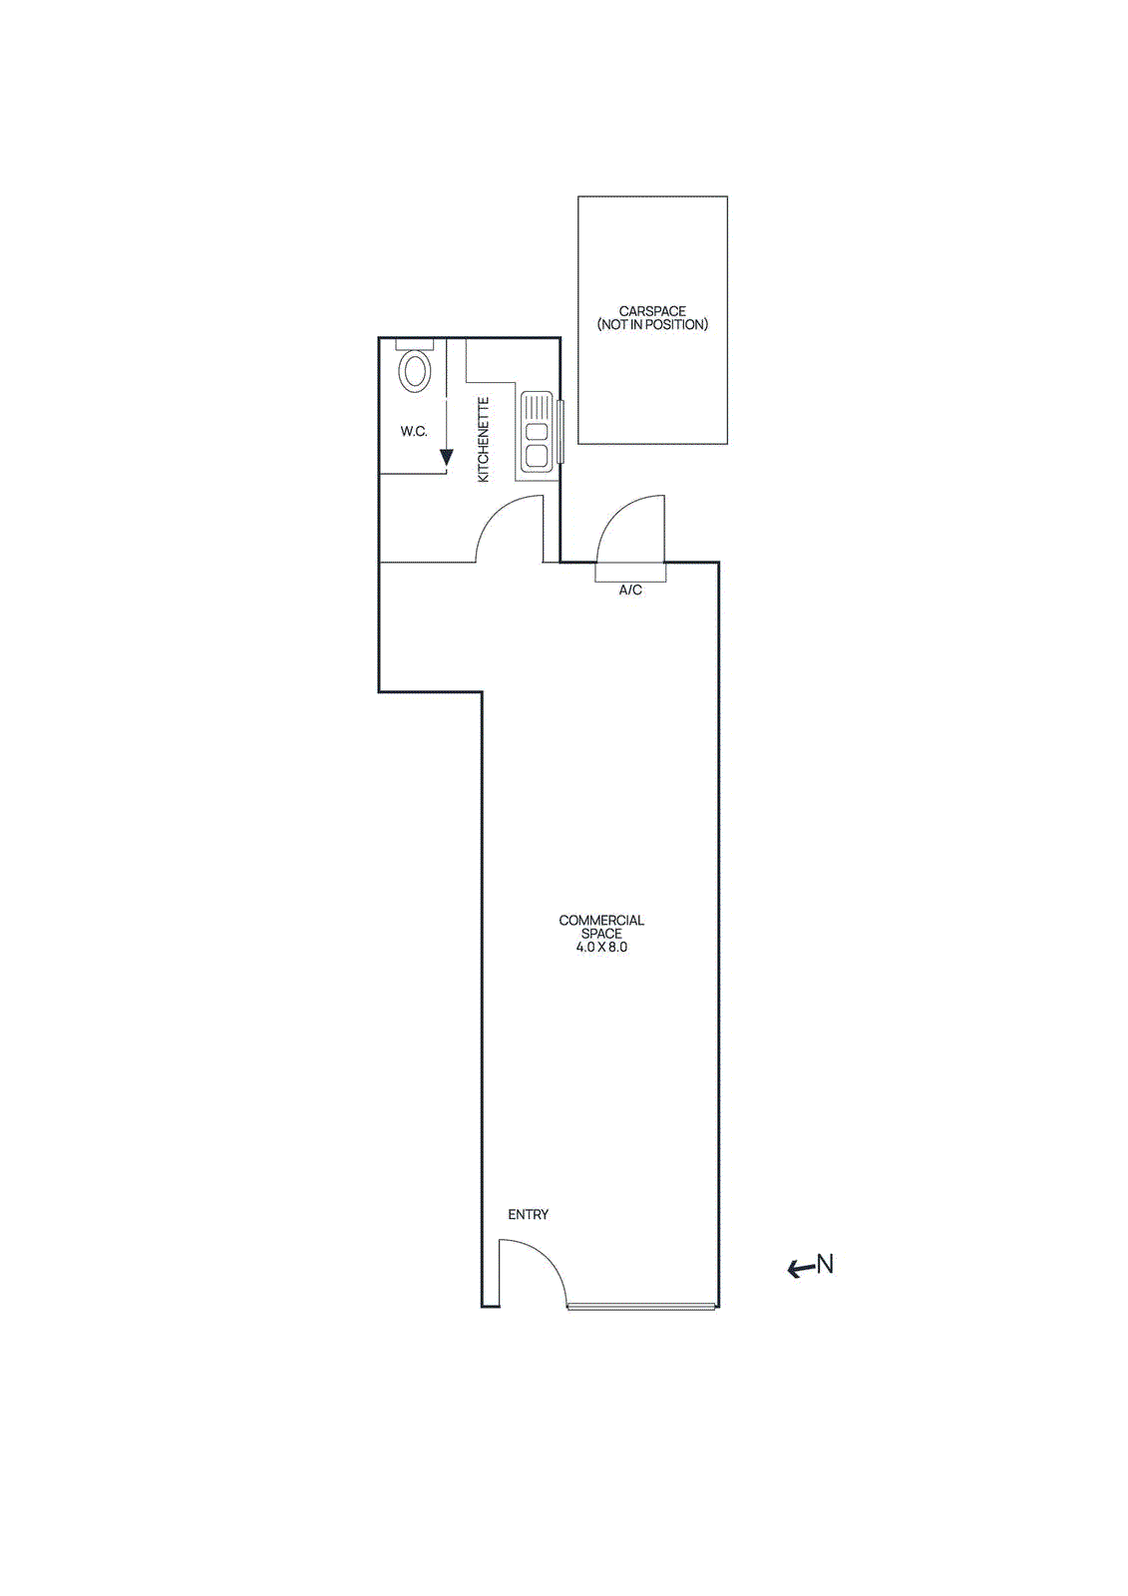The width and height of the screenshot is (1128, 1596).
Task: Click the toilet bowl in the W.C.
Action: [414, 371]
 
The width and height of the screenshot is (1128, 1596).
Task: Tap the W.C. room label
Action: [414, 432]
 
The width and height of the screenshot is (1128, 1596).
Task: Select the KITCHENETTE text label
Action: [484, 440]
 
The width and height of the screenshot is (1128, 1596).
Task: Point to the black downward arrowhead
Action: [447, 458]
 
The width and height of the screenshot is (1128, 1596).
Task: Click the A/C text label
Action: [630, 591]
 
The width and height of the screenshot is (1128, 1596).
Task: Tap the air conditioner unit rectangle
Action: [630, 572]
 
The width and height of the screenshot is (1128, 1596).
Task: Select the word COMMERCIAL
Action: [601, 921]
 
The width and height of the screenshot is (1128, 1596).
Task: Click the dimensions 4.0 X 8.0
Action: [601, 948]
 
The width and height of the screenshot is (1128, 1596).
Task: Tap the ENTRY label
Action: [528, 1215]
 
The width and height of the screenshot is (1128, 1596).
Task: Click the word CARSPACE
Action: [652, 311]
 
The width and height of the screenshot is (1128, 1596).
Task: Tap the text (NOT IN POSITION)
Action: [652, 325]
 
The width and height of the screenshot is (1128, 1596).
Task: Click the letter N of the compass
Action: [825, 1265]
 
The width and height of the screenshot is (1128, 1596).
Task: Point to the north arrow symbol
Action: [800, 1269]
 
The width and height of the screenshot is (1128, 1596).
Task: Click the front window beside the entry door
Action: [641, 1306]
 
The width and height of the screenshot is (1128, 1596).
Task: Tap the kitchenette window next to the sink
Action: [561, 431]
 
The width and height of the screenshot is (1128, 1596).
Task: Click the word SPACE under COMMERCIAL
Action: [601, 934]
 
